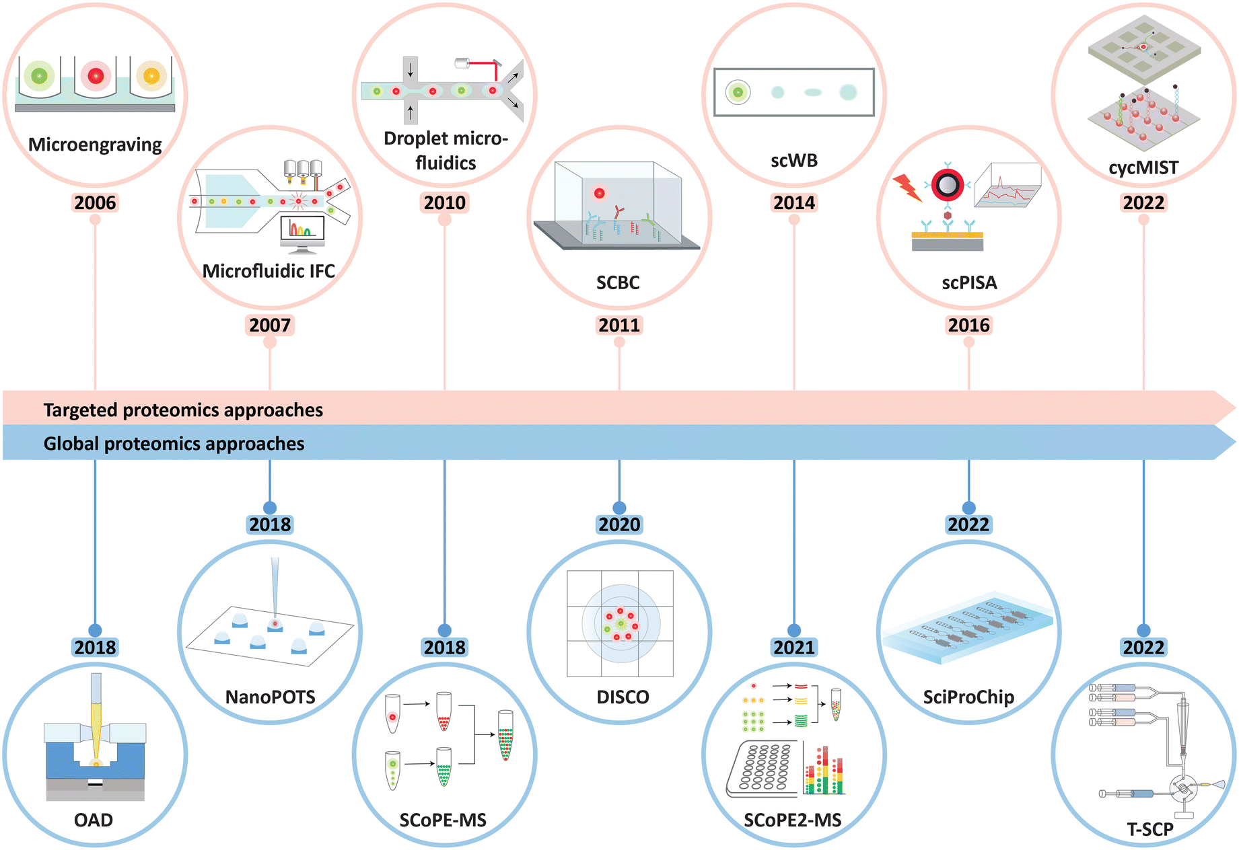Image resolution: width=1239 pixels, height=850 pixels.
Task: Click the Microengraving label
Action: point(95,145)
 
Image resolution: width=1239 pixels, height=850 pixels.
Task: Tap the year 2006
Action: point(95,202)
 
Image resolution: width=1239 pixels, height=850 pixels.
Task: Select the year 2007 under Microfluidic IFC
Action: point(270,325)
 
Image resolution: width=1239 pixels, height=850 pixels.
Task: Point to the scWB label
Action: point(794,160)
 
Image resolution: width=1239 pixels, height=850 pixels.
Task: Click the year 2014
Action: point(794,202)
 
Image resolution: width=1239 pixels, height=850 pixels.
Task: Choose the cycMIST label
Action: point(1143,167)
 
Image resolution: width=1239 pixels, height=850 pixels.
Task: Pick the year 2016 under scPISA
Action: point(968,325)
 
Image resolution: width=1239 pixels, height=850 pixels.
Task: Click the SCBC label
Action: point(618,282)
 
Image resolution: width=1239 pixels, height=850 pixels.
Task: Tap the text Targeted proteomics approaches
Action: point(183,410)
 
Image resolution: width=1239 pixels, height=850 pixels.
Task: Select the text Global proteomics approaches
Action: point(174,443)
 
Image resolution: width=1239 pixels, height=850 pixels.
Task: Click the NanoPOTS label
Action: point(270,697)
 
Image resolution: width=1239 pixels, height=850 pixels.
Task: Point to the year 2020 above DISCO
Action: point(619,524)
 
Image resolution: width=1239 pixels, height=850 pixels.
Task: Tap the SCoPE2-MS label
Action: point(793,820)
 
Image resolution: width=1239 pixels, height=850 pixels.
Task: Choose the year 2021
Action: point(794,647)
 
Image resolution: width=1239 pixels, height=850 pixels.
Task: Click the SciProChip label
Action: point(968,697)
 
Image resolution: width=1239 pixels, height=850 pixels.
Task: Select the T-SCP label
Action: point(1149,829)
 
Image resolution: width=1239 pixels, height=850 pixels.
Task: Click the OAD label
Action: point(94,820)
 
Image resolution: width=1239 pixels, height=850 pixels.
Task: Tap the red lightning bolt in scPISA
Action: point(907,188)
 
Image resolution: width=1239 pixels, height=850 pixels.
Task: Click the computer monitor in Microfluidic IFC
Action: point(302,233)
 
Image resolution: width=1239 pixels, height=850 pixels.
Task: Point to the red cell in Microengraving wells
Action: point(96,76)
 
